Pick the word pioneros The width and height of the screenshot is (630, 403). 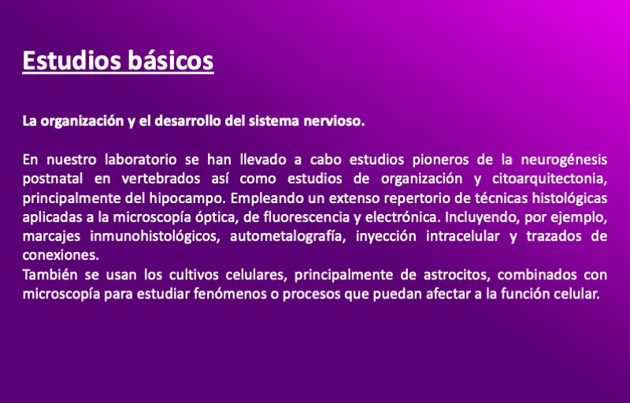click(440, 160)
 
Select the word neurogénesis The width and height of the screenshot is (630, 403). click(564, 160)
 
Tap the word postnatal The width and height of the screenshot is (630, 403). click(53, 179)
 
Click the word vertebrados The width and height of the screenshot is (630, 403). click(161, 179)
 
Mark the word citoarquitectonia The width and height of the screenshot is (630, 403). click(549, 179)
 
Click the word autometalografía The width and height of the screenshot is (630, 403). click(287, 236)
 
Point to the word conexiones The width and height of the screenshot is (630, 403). click(61, 255)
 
